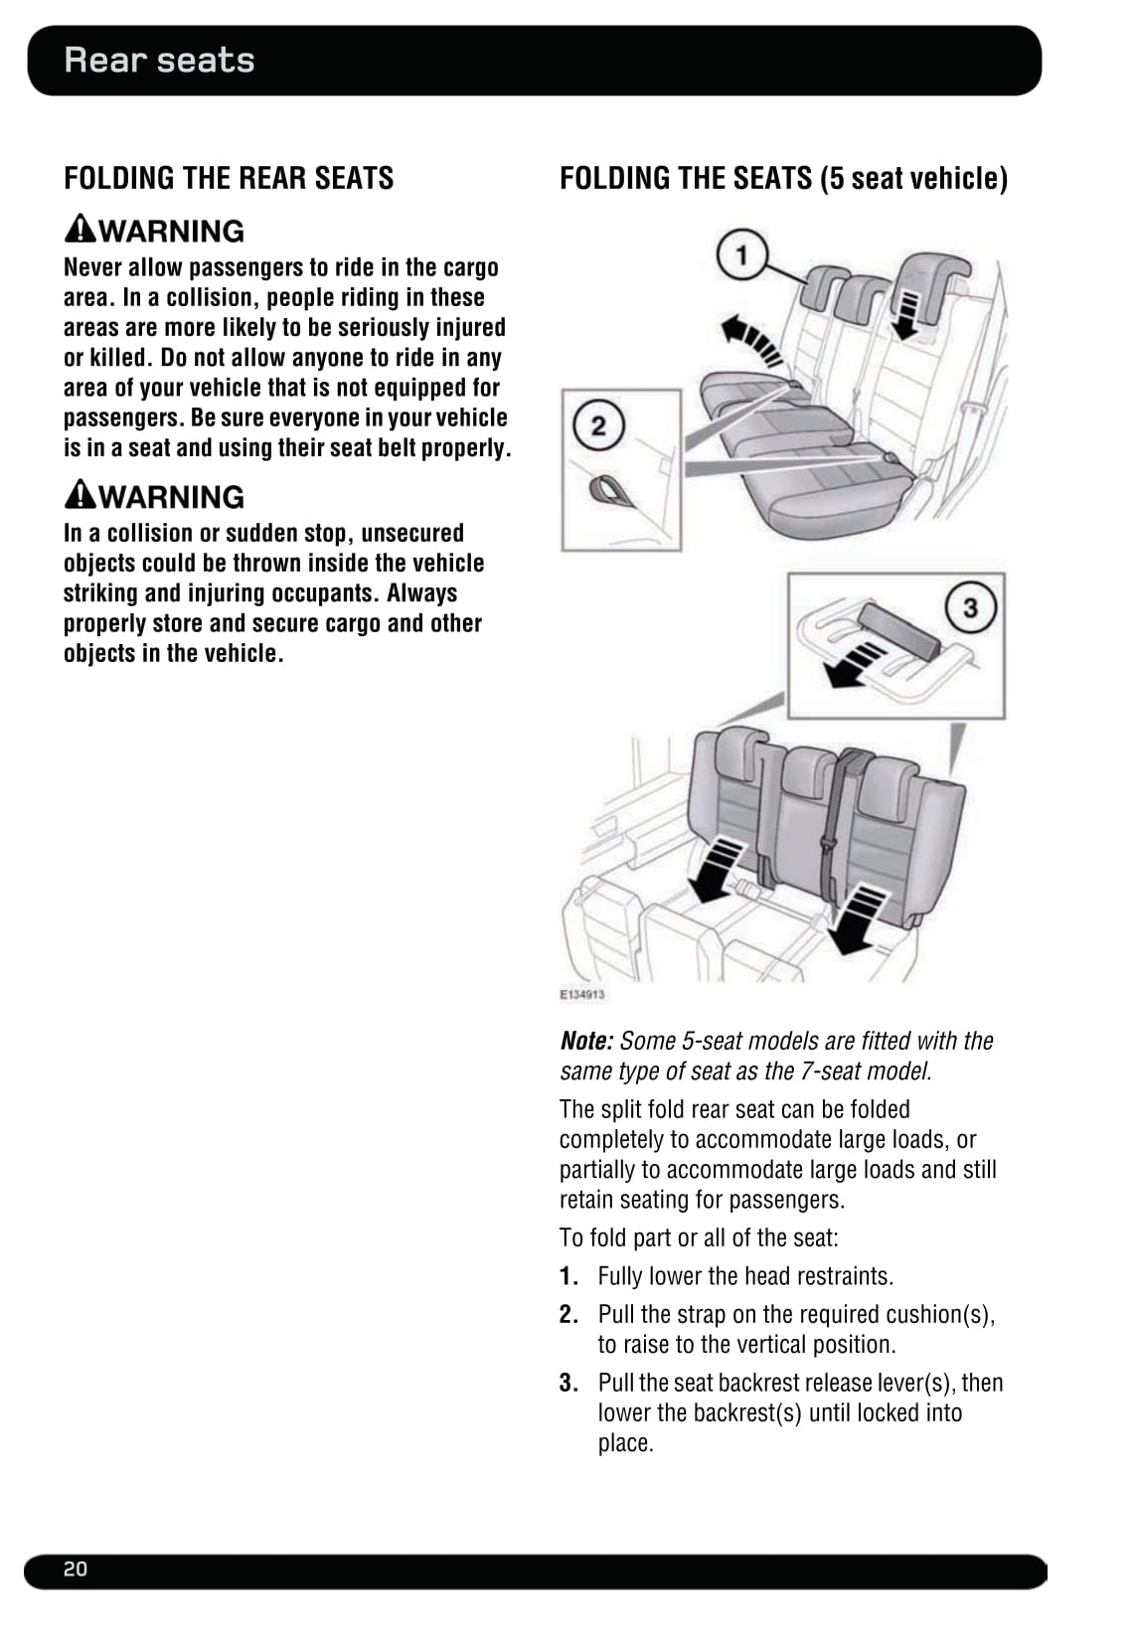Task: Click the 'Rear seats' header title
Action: coord(159,61)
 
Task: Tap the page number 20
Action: coord(76,1568)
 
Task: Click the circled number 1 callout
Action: coord(741,255)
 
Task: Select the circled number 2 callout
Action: coord(598,426)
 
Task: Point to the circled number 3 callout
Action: coord(969,606)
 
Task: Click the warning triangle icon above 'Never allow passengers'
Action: coord(81,229)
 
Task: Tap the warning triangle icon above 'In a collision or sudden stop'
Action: coord(81,494)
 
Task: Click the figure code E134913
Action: coord(582,994)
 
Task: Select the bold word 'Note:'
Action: coord(586,1041)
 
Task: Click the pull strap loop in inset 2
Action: coord(609,489)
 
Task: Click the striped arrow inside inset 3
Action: coord(854,665)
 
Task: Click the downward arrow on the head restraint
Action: coord(906,314)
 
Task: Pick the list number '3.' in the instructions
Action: coord(568,1383)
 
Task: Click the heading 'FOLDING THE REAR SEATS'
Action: coord(229,178)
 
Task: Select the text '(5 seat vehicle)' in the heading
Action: coord(914,178)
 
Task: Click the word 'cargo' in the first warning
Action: coord(470,267)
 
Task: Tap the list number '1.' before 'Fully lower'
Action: coord(568,1276)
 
